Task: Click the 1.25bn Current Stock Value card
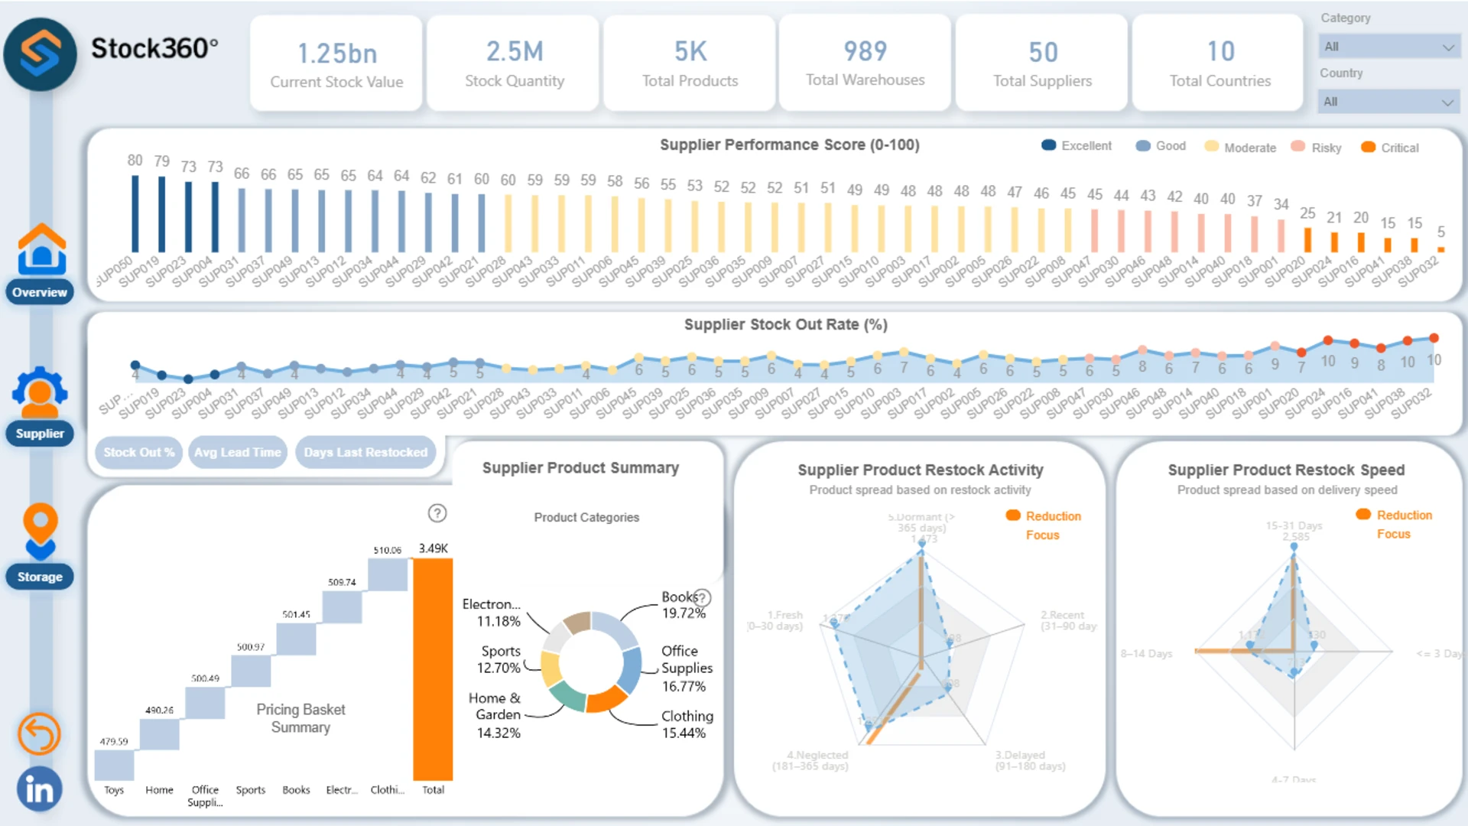click(x=336, y=63)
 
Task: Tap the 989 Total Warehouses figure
click(x=865, y=52)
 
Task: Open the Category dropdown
click(x=1388, y=47)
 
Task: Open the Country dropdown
click(x=1388, y=102)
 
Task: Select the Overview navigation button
click(x=40, y=292)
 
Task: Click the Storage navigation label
click(x=40, y=577)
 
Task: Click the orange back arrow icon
click(x=39, y=734)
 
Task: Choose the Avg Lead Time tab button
click(x=238, y=452)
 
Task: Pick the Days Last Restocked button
click(x=365, y=452)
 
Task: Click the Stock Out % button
click(x=138, y=452)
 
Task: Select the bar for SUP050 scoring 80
click(x=135, y=214)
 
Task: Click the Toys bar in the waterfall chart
click(x=114, y=765)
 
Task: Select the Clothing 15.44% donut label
click(x=687, y=724)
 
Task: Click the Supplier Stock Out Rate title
click(x=785, y=324)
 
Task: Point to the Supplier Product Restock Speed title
click(x=1285, y=470)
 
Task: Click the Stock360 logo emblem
click(x=41, y=54)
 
